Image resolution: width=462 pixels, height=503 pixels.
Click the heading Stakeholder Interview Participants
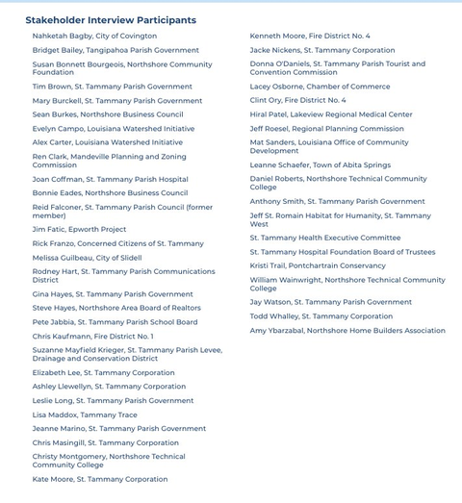pos(111,20)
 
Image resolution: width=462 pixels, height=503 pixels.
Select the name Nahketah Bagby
pos(63,37)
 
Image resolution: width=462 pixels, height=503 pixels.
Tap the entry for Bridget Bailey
pos(57,50)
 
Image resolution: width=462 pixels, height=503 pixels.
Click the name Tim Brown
pos(52,87)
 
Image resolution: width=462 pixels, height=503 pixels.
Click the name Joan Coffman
pos(57,180)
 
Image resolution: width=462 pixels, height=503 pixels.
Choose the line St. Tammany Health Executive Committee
pos(325,239)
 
